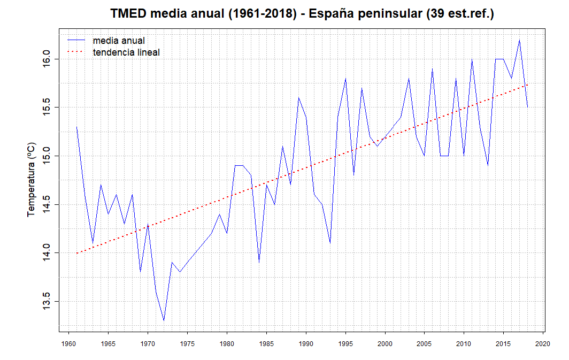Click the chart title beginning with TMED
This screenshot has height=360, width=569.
(302, 14)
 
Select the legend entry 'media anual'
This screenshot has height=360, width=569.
(118, 41)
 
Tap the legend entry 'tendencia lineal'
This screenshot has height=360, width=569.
(126, 52)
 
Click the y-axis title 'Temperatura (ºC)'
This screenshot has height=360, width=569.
(32, 179)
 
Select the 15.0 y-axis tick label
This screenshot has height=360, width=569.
(47, 156)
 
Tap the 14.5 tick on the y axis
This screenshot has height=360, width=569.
(47, 204)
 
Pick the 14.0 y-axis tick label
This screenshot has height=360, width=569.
(47, 252)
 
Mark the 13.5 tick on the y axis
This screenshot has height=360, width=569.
(47, 301)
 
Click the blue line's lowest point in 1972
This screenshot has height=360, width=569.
(164, 320)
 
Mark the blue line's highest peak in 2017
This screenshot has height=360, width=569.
(519, 40)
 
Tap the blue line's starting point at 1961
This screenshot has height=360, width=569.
(76, 127)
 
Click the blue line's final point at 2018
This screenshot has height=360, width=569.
(527, 108)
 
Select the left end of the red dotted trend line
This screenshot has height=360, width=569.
(76, 253)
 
